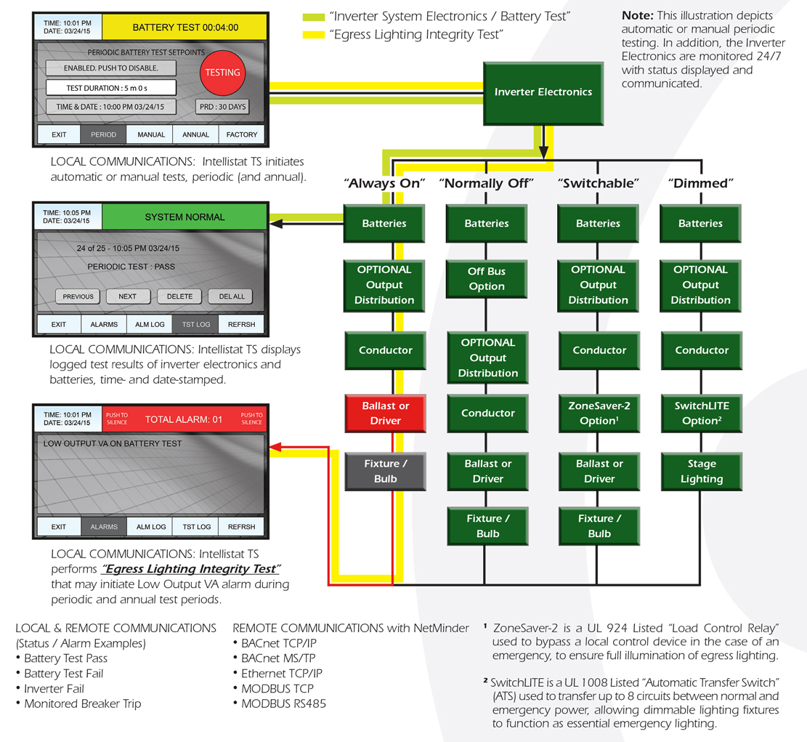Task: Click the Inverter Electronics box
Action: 543,92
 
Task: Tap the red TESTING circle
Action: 222,73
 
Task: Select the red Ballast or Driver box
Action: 385,414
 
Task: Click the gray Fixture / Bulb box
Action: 385,471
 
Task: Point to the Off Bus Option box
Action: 487,278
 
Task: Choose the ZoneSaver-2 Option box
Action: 599,414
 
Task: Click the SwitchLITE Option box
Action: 701,414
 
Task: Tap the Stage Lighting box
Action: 701,471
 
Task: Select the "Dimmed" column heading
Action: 700,184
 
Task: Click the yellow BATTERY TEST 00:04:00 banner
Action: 185,28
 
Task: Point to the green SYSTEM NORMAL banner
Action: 185,217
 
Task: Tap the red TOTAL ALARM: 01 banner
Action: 185,419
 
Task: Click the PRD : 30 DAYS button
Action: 222,107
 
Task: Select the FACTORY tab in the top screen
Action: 242,134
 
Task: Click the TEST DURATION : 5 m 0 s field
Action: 111,88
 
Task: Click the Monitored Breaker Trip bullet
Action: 82,703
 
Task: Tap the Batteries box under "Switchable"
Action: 598,223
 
